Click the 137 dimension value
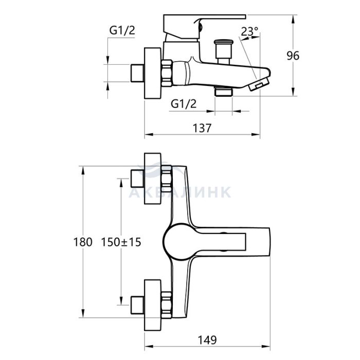(202, 128)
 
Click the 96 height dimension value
(293, 56)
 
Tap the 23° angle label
(249, 31)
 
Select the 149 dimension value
(207, 340)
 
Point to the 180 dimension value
(83, 242)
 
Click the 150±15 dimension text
(121, 242)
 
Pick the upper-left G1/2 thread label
(122, 30)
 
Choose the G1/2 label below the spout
(184, 104)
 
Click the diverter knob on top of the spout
(223, 52)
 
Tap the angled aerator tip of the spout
(259, 84)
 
